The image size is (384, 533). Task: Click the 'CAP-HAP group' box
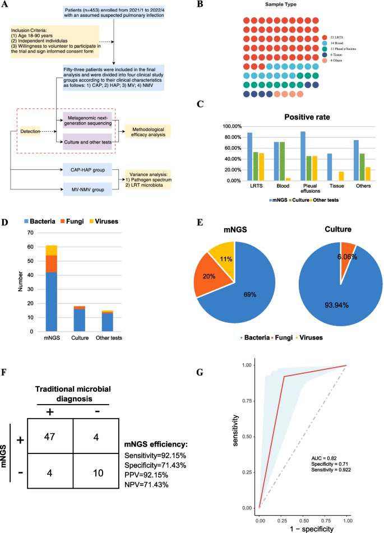pyautogui.click(x=89, y=170)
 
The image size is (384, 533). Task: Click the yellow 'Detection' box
pyautogui.click(x=31, y=131)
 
